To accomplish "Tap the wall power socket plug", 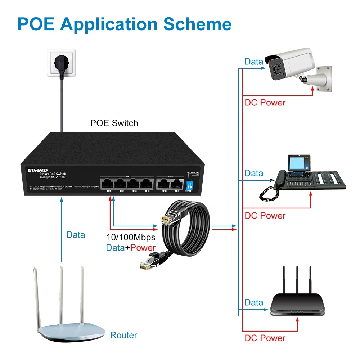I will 60,64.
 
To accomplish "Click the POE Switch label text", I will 114,123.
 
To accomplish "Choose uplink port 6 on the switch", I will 176,184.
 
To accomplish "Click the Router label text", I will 123,335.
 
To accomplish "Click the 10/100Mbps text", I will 131,238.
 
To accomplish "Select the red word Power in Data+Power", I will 143,248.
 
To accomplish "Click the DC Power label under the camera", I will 265,103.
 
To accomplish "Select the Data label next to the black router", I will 254,302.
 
